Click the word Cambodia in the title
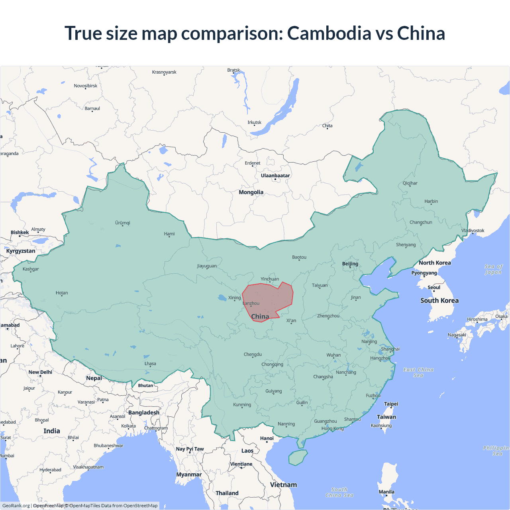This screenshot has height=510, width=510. point(329,33)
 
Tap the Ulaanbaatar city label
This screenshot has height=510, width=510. point(275,176)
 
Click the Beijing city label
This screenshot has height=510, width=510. point(350,264)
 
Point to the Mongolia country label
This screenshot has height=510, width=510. point(251,192)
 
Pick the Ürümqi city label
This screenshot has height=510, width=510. point(123,223)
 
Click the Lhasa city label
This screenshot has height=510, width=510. point(150,364)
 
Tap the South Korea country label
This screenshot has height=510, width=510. point(439,301)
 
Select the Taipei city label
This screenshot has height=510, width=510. point(391,404)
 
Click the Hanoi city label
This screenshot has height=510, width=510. point(267,438)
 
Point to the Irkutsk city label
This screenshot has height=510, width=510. point(254,122)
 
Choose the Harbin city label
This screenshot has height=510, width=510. point(431,202)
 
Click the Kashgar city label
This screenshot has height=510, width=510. point(31,269)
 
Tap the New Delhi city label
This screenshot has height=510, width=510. point(40,372)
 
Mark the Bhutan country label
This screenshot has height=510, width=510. point(145,385)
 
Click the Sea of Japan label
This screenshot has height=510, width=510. point(493,269)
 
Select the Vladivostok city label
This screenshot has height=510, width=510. point(473,231)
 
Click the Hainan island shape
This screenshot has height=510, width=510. point(298,457)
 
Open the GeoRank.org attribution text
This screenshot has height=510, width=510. point(16,506)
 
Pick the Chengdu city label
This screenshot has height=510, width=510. point(253,355)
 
